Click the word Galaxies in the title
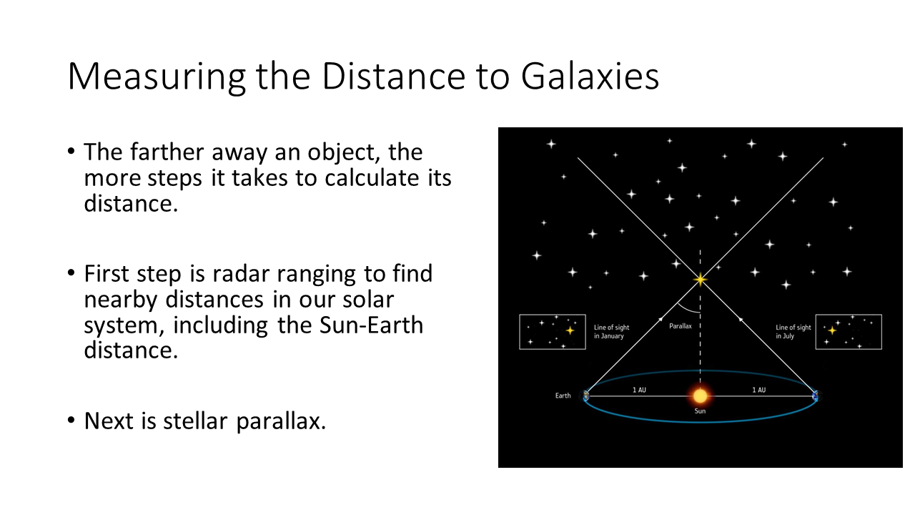(590, 77)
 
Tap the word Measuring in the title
(157, 77)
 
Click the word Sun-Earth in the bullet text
(371, 325)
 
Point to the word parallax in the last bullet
(281, 421)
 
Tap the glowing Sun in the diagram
(700, 396)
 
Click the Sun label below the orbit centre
(700, 411)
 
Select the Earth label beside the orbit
(563, 396)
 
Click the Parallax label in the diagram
(681, 326)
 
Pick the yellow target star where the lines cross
(700, 280)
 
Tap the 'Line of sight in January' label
(611, 332)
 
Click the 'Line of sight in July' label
(793, 332)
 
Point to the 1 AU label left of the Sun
(639, 390)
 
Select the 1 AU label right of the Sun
(759, 390)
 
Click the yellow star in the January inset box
(570, 330)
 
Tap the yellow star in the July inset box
(832, 330)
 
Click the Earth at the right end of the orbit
(816, 396)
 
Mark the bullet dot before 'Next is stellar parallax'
(71, 420)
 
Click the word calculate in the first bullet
(372, 178)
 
